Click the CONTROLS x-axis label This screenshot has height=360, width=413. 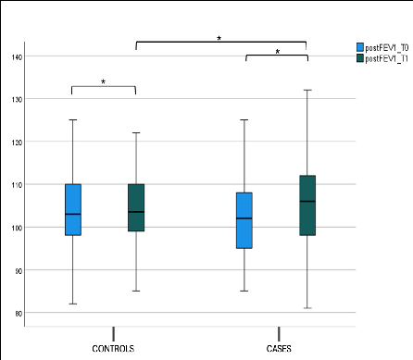click(113, 349)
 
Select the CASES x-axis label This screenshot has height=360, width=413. click(279, 349)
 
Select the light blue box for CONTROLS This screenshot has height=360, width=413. click(72, 209)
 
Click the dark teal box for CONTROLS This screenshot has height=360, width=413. click(136, 207)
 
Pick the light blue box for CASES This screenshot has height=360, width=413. click(244, 220)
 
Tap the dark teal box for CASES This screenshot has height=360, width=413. click(307, 205)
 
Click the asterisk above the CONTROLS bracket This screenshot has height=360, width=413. click(103, 82)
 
